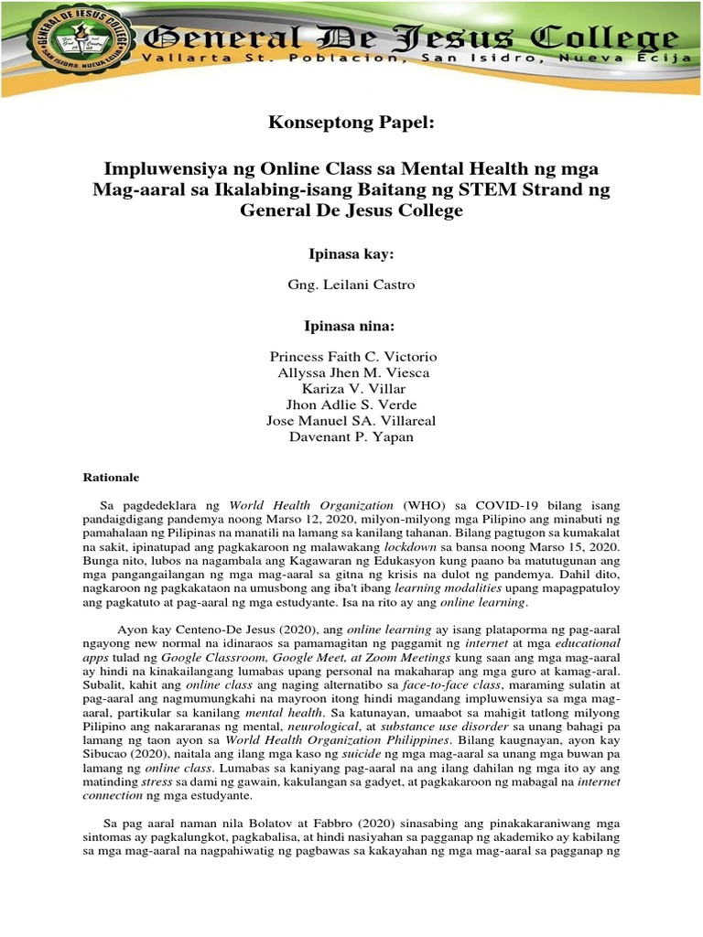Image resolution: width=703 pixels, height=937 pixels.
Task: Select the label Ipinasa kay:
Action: point(351,253)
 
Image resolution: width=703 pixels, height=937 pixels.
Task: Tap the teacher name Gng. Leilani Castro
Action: point(351,285)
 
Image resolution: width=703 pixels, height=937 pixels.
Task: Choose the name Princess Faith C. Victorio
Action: point(352,356)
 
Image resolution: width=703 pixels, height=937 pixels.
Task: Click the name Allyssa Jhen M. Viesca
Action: point(352,372)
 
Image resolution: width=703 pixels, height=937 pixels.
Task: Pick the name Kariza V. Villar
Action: point(352,389)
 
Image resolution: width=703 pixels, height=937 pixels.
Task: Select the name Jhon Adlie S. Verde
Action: point(352,404)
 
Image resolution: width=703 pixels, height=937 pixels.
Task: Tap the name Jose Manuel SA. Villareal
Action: point(352,421)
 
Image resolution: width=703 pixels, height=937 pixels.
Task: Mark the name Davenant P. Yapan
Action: point(352,437)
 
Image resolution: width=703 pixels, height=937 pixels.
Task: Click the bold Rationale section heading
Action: point(111,478)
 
